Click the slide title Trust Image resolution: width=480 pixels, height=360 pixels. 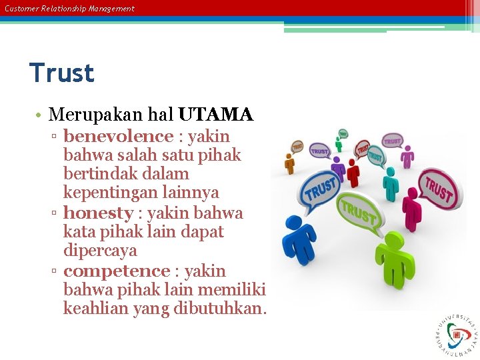pyautogui.click(x=62, y=73)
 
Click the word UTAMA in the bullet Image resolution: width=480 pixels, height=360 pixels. pyautogui.click(x=215, y=115)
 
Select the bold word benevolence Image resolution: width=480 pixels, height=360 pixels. pyautogui.click(x=118, y=137)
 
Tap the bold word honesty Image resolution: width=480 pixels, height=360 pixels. pyautogui.click(x=98, y=213)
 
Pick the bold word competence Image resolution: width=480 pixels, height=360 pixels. pyautogui.click(x=117, y=271)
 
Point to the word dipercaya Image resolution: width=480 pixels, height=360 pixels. pyautogui.click(x=100, y=251)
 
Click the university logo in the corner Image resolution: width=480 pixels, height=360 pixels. pyautogui.click(x=456, y=333)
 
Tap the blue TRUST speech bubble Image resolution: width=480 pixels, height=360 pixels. pyautogui.click(x=321, y=189)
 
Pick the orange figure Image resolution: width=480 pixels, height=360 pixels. pyautogui.click(x=289, y=163)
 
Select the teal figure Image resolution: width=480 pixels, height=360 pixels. pyautogui.click(x=391, y=183)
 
